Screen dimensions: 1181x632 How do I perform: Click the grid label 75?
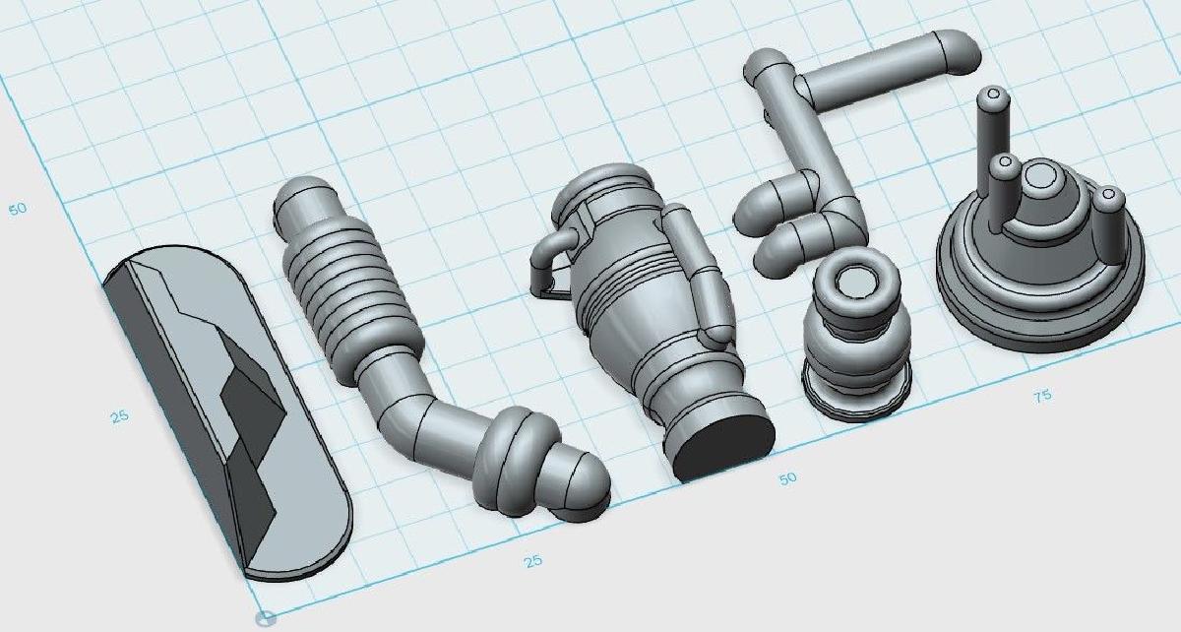click(1042, 396)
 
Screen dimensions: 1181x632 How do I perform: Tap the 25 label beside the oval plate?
click(120, 416)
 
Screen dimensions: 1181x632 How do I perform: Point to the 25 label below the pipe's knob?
click(533, 560)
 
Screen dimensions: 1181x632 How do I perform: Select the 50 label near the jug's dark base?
click(787, 478)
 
